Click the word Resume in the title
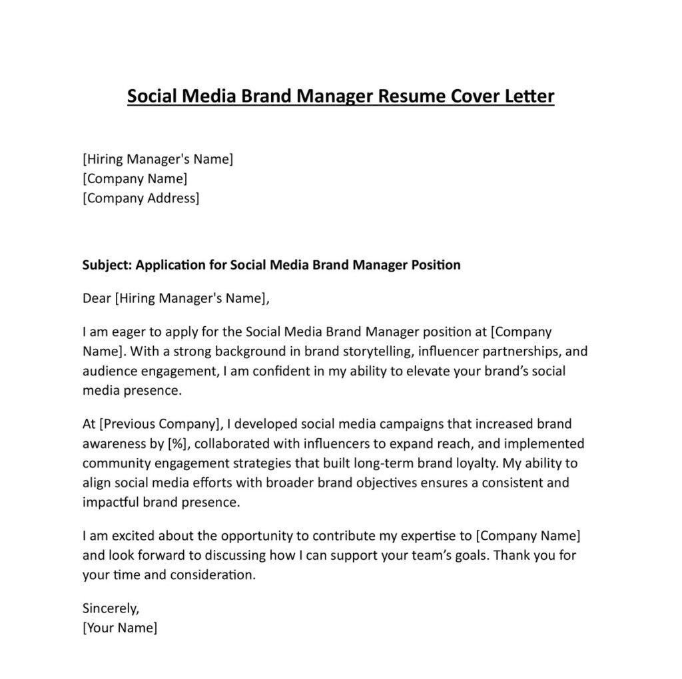point(408,97)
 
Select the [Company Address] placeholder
point(141,198)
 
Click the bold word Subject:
point(107,265)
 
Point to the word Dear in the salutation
point(97,298)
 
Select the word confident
point(273,371)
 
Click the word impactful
point(110,502)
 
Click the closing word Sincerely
point(111,608)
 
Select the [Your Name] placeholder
point(120,627)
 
